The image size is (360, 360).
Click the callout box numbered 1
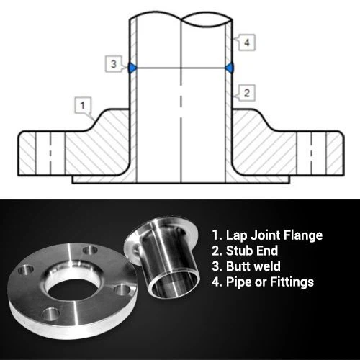point(83,105)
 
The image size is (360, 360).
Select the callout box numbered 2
point(246,93)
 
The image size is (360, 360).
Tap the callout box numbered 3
point(114,64)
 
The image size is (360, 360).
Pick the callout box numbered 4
point(246,42)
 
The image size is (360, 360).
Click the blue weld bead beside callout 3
point(132,68)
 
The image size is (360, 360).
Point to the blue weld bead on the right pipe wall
point(230,68)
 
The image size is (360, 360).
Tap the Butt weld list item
point(246,266)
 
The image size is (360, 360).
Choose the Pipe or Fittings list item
point(263,282)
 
